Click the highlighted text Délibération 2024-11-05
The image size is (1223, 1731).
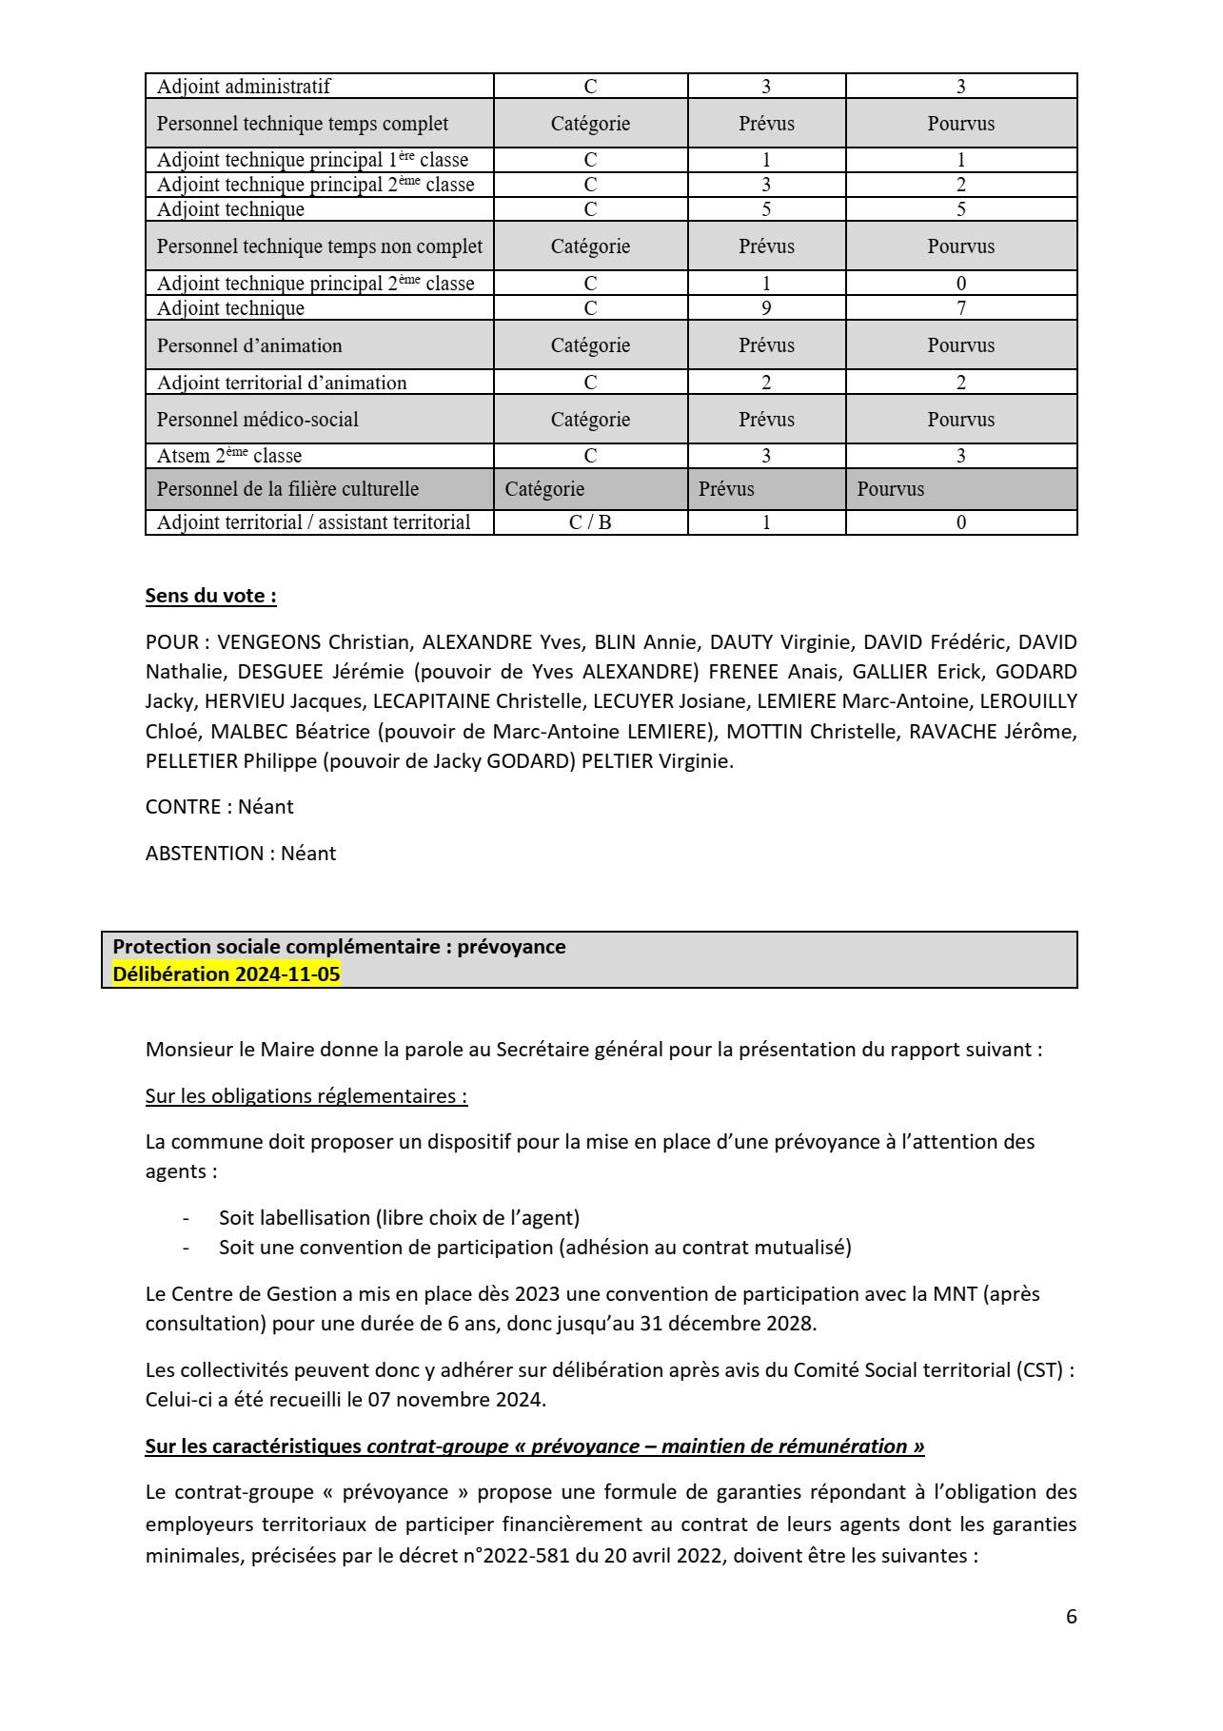coord(227,974)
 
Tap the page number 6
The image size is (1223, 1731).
coord(1072,1617)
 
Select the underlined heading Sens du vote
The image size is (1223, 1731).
coord(210,596)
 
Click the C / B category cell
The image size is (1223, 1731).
coord(590,522)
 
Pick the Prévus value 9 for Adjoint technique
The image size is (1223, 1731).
coord(766,308)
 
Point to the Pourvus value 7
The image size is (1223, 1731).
coord(961,308)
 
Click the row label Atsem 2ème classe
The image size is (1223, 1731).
coord(229,456)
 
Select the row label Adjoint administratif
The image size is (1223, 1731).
coord(244,87)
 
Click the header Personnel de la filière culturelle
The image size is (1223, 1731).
coord(287,489)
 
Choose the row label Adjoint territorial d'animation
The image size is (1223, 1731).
coord(282,383)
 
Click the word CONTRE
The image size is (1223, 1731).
coord(183,807)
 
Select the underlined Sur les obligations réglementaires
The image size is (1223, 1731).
coord(306,1096)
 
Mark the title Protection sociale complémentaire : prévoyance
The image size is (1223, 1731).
coord(339,947)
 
